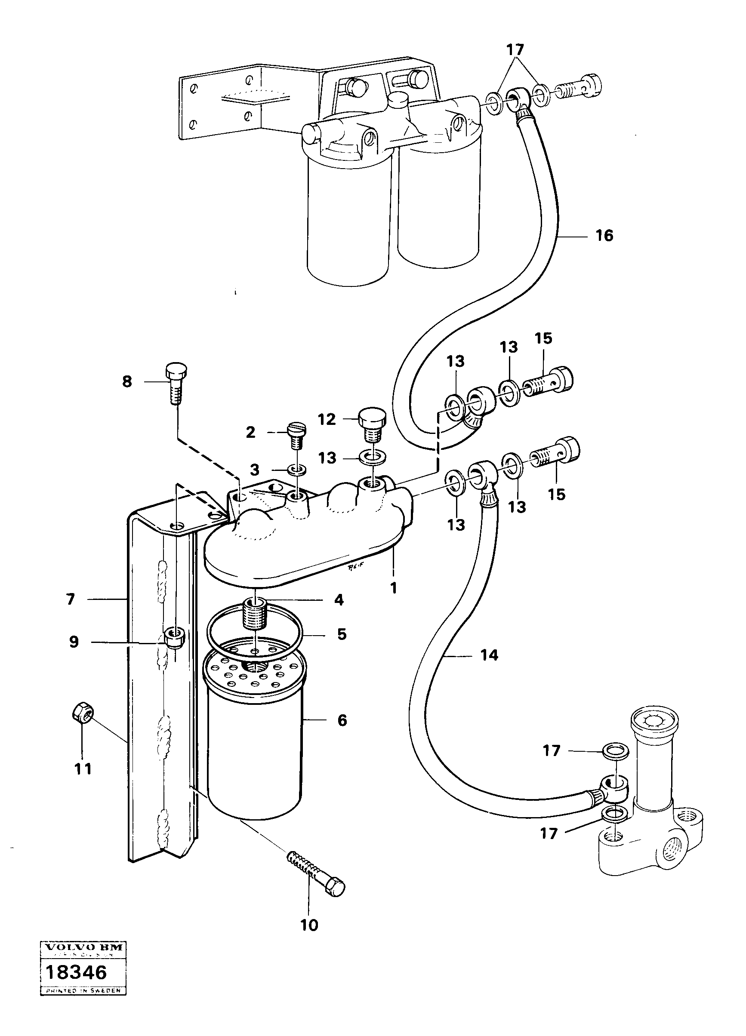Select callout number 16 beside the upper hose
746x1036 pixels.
coord(604,236)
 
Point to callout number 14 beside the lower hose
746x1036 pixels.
coord(489,655)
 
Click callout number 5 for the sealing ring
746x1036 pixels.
coord(342,634)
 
